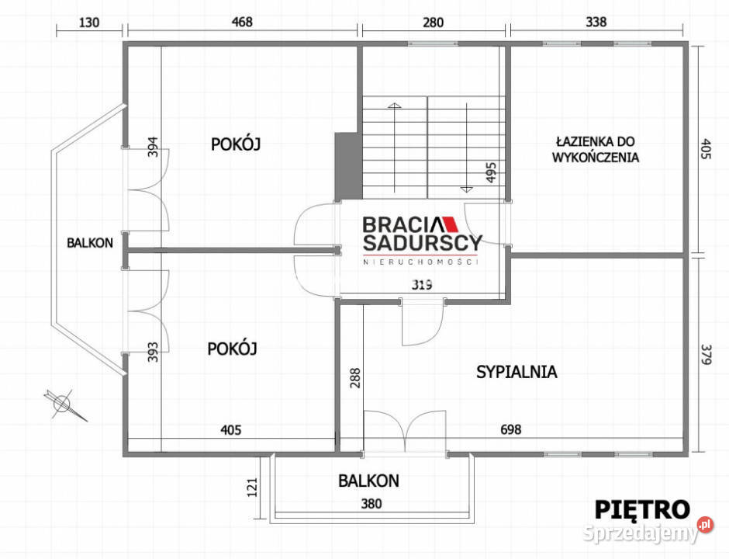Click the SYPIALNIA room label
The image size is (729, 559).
(517, 372)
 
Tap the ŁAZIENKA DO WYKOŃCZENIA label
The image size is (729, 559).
(595, 149)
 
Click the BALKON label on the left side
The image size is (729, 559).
(90, 242)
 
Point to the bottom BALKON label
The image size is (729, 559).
(368, 481)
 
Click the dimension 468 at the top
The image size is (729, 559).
(242, 22)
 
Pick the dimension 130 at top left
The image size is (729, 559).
(90, 22)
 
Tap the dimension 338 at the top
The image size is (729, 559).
(596, 22)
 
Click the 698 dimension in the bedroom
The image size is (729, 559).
(510, 429)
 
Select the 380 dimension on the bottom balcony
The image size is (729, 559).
(371, 504)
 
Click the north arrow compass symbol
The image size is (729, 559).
(61, 402)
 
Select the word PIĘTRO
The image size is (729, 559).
(642, 509)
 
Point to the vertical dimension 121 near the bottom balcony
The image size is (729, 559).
(251, 488)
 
